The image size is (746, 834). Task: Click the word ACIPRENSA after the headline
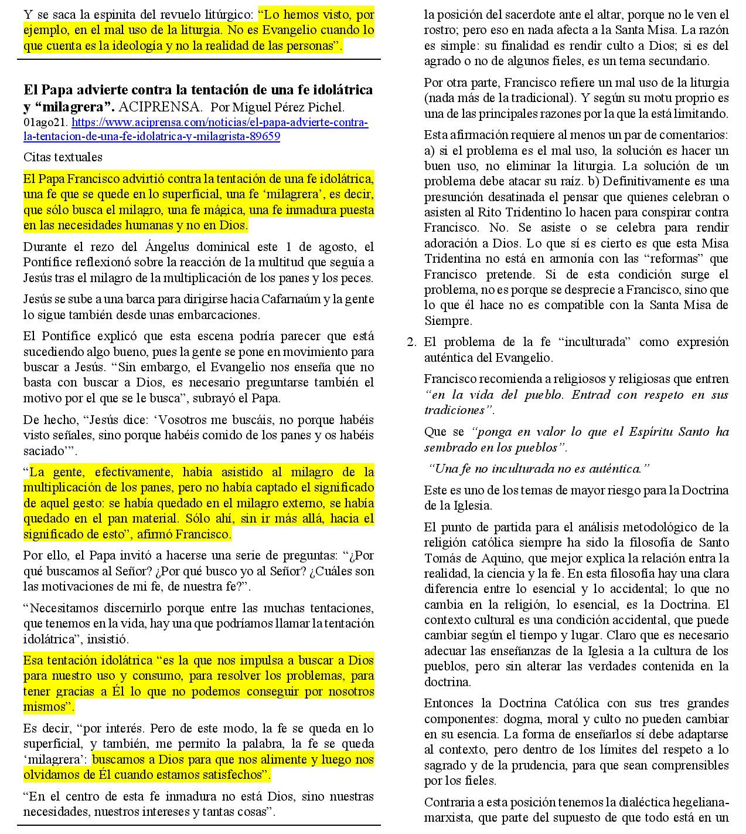[x=160, y=107]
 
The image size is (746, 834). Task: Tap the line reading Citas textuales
[x=63, y=157]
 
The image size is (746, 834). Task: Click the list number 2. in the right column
[x=411, y=343]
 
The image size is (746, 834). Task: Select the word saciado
[x=43, y=451]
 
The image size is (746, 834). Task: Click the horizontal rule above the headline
[x=199, y=59]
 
